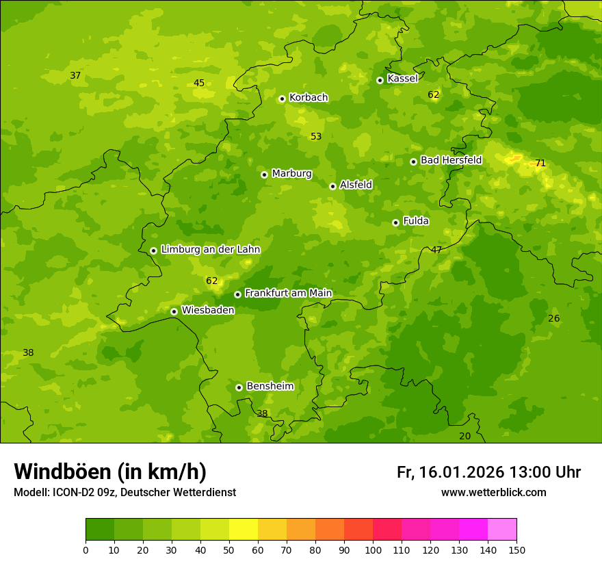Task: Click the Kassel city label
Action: tap(402, 79)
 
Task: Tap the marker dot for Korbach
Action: tap(282, 99)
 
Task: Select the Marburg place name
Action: tap(291, 174)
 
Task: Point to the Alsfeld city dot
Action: tap(332, 186)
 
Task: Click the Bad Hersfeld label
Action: tap(451, 160)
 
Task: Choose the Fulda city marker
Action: tap(395, 222)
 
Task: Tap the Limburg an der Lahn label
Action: tap(210, 250)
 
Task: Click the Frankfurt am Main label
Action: tap(288, 294)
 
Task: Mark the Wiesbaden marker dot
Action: tap(174, 311)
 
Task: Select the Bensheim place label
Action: tap(270, 387)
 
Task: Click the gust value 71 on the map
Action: tap(540, 164)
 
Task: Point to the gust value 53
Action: tap(316, 137)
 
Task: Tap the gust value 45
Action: tap(199, 83)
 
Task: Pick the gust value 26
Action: tap(554, 319)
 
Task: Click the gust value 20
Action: tap(465, 437)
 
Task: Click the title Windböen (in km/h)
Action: tap(110, 472)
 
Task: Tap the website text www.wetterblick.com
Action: tap(493, 493)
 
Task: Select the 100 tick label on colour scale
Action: tap(373, 550)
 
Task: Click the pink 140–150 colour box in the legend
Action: tap(502, 530)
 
